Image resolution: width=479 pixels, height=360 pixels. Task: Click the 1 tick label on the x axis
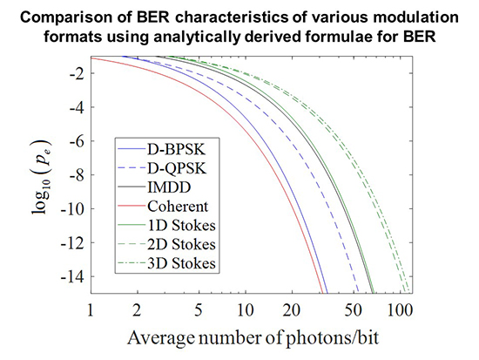(90, 310)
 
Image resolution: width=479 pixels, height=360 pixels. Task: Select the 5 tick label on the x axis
(199, 310)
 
